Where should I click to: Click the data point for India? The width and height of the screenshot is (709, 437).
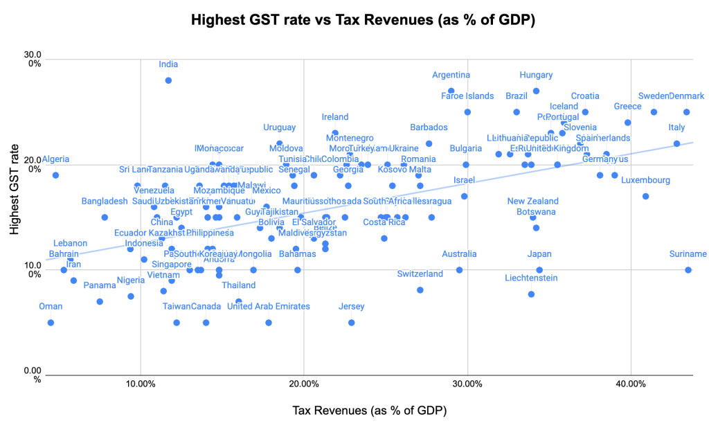168,80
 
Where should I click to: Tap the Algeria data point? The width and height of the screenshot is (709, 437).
55,175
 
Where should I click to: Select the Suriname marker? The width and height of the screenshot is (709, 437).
688,270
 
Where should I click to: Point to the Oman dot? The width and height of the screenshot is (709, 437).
51,323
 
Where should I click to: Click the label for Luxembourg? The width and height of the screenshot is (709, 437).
645,181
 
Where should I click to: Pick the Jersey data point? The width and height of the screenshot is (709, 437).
352,323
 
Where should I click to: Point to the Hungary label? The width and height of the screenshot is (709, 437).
537,75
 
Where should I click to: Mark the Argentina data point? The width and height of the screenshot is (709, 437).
451,91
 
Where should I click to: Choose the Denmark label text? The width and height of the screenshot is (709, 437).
687,96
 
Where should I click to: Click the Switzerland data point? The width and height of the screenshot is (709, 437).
420,290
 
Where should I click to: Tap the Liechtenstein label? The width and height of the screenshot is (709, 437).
531,278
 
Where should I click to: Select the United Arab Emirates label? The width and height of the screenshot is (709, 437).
268,307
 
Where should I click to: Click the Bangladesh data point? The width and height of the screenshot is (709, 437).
105,217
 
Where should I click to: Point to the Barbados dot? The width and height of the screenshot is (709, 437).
429,144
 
